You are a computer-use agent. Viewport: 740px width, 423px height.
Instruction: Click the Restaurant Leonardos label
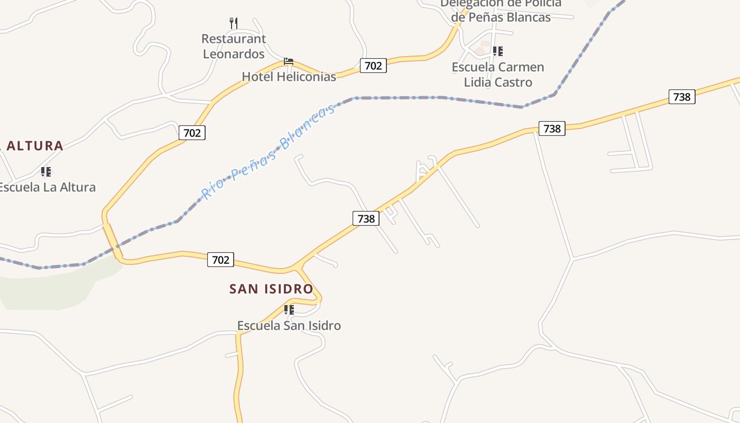click(234, 47)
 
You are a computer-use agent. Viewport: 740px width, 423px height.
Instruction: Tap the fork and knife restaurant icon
click(234, 23)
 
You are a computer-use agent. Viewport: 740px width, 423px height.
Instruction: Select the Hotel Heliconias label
click(289, 77)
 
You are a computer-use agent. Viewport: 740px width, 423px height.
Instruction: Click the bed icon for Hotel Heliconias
click(289, 62)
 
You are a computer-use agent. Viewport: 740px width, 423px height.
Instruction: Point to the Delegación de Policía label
click(501, 11)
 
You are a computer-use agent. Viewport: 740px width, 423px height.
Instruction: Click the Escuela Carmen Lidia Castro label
click(498, 75)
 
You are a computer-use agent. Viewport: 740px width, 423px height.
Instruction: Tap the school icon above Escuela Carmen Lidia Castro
click(497, 51)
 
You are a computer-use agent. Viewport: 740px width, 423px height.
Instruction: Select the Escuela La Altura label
click(48, 187)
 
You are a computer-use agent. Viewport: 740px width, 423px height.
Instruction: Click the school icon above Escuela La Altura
click(46, 172)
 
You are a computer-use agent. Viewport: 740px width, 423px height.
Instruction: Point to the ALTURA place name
click(34, 146)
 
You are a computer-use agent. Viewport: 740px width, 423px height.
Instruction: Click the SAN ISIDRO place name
click(271, 289)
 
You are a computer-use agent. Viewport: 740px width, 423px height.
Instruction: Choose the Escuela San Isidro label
click(289, 326)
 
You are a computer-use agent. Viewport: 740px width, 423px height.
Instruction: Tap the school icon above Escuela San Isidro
click(289, 309)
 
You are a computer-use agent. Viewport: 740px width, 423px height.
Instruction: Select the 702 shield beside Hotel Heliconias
click(373, 66)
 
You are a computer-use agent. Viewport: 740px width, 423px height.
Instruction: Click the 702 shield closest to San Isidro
click(220, 260)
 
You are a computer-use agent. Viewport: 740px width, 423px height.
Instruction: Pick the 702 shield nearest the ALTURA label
click(192, 133)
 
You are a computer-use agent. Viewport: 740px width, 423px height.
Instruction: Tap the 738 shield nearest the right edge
click(682, 97)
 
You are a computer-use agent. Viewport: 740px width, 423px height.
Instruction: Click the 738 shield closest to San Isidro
click(366, 218)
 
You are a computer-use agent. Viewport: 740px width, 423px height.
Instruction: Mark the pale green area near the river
click(53, 288)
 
